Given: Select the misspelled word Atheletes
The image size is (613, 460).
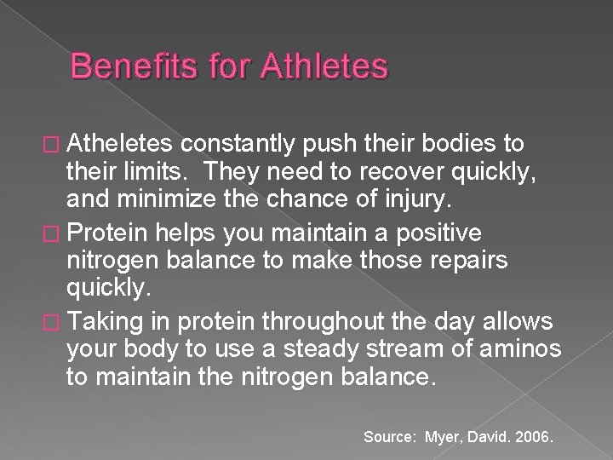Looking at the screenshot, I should point(127,141).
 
